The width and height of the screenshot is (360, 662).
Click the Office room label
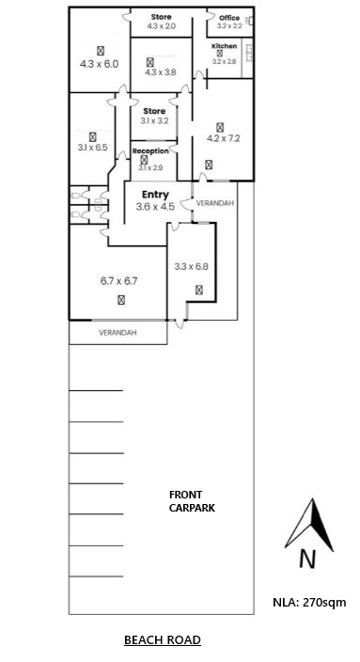coord(229,18)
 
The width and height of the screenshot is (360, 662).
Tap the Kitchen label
coord(224,46)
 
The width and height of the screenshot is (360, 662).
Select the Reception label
coord(150,150)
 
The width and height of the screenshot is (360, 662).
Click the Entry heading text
coord(155,195)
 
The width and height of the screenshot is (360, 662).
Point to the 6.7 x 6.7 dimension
coord(119,281)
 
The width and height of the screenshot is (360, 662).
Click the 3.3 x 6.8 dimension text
coord(192,266)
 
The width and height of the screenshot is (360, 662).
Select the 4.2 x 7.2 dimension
coord(224,138)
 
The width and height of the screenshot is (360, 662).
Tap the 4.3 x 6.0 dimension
coord(100,64)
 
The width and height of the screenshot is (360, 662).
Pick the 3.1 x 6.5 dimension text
coord(92,148)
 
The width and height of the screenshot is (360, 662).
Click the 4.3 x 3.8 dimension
coord(161,72)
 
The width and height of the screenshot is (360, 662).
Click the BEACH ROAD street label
coord(163,640)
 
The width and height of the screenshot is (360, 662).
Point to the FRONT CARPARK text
coord(192,501)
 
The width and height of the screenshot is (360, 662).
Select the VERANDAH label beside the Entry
coord(215,203)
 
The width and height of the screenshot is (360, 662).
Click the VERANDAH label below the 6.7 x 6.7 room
coord(117,333)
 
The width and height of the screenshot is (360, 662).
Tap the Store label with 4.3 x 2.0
coord(162,17)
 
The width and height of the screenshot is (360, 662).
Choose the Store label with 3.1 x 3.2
coord(154,111)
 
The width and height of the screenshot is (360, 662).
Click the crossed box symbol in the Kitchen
coord(219,54)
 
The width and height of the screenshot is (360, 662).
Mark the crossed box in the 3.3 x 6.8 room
coord(199,290)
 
